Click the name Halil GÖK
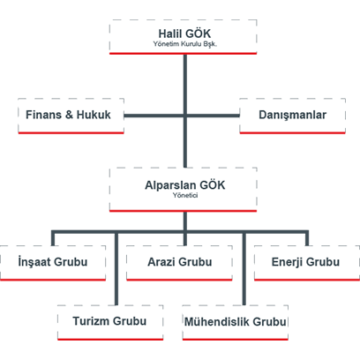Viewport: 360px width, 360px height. pos(184,34)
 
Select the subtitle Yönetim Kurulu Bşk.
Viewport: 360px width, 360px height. pos(185,44)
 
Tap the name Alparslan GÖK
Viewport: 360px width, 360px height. pos(185,185)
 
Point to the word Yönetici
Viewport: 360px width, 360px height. pos(185,196)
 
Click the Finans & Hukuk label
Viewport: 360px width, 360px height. pos(68,115)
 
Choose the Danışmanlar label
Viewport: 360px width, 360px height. pos(293,115)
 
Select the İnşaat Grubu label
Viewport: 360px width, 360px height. pos(53,262)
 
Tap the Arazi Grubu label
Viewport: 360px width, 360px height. pos(180,262)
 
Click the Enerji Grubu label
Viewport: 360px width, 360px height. pos(305,262)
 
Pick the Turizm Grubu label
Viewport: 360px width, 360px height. pos(109,321)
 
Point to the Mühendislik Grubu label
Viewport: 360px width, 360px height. pos(236,321)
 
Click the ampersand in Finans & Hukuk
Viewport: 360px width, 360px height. pos(69,115)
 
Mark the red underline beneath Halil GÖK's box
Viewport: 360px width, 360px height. pos(184,54)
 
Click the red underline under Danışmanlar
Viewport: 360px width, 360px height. pos(293,133)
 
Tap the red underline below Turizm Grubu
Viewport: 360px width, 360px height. pos(110,340)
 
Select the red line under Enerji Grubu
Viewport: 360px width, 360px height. pos(307,280)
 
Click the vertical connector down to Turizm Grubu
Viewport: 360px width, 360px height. pos(116,269)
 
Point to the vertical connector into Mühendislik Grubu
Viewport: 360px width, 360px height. pos(244,269)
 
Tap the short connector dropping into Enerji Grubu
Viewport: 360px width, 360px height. pos(307,238)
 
